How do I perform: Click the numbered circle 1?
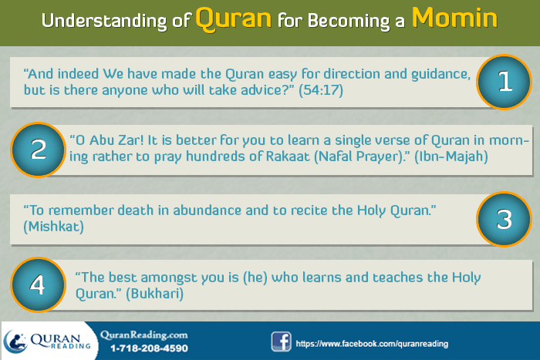[x=505, y=82]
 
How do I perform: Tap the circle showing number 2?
[x=39, y=149]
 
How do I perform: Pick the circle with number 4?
[x=36, y=284]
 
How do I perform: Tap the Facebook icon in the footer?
[x=281, y=341]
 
